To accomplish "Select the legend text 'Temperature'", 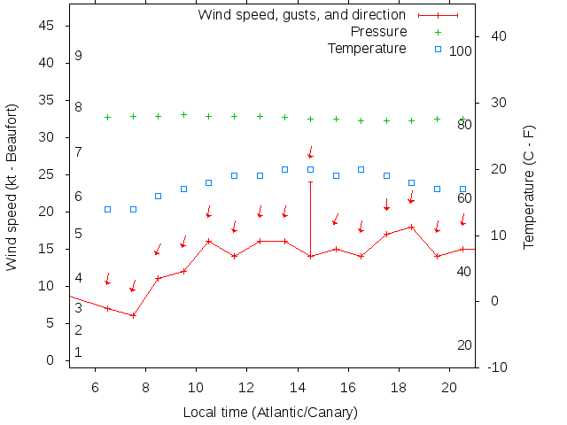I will click(367, 48).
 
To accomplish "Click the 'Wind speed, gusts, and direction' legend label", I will click(301, 15).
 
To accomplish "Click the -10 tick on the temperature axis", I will click(497, 367).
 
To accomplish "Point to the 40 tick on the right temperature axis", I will click(498, 36).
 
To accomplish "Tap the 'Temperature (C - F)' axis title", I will click(529, 187).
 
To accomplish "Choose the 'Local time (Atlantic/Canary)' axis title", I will click(270, 412).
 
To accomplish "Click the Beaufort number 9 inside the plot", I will click(78, 56).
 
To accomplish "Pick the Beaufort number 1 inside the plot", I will click(78, 352).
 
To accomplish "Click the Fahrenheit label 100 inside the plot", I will click(460, 51).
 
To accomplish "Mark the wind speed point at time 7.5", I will click(133, 315).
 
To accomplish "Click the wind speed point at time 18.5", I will click(412, 227).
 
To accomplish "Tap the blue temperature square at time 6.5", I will click(108, 209).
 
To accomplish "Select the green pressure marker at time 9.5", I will click(183, 114).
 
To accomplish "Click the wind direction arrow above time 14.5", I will click(311, 152).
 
